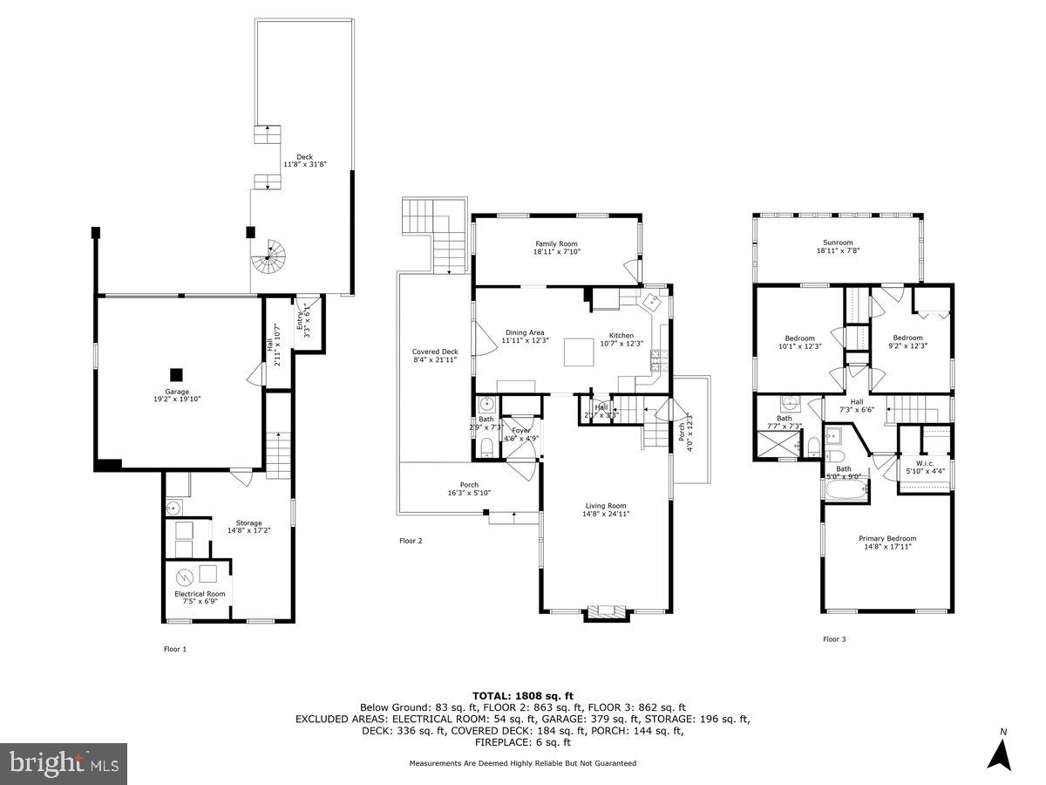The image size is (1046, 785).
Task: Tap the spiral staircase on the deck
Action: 269,256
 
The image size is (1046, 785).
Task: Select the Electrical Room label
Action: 200,597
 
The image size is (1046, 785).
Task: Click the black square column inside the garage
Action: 177,375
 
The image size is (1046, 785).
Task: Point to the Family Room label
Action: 556,248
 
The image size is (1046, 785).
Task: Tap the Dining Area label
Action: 525,337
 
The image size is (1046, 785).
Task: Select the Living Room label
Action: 605,509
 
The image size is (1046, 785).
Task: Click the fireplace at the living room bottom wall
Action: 605,611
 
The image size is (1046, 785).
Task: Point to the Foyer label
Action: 520,434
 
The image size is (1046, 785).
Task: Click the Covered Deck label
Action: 435,356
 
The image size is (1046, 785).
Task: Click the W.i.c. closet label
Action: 925,466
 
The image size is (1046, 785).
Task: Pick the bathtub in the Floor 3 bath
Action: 844,493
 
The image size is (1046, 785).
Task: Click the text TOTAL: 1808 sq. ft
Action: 522,694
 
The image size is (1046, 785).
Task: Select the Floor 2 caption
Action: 411,541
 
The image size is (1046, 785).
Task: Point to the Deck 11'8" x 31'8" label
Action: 304,160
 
